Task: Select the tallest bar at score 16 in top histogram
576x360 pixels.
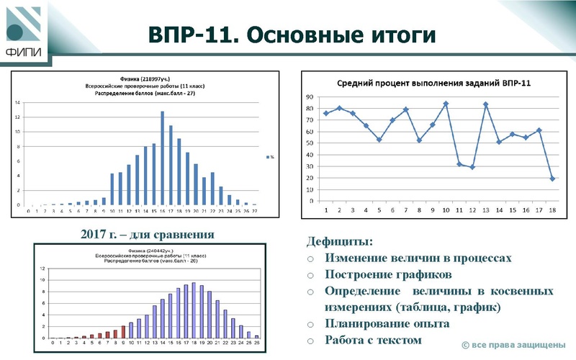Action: coord(162,158)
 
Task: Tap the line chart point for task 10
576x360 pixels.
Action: coord(446,104)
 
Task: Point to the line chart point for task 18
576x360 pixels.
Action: coord(552,179)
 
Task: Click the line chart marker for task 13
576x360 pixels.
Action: coord(485,104)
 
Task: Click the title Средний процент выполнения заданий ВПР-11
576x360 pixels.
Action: coord(434,83)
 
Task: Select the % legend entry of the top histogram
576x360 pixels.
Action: coord(270,156)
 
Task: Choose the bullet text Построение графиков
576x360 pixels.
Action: coord(388,274)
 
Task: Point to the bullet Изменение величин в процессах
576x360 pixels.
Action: coord(418,258)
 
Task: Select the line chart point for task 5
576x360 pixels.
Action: coord(379,140)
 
